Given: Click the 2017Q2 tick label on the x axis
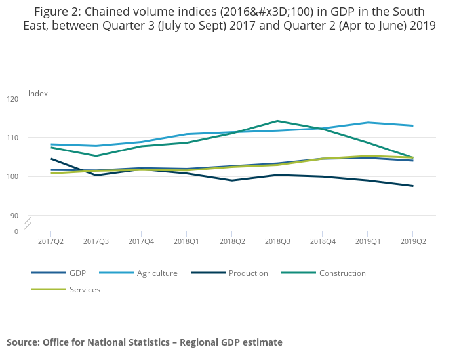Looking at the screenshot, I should point(50,242).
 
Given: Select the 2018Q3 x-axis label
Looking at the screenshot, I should point(277,242).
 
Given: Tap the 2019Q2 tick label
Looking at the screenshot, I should point(412,242).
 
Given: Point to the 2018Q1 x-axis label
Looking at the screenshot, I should point(186,242).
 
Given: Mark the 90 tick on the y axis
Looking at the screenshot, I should point(14,216).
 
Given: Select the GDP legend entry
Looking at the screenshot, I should point(77,273).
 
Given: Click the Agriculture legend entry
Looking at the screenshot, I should point(157,273).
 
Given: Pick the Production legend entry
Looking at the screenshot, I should point(248,273).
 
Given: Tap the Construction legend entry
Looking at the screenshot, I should point(342,273).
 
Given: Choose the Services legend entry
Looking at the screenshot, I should point(85,289).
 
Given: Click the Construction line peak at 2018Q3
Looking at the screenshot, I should point(277,121).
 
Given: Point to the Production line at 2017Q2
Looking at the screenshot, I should point(51,159).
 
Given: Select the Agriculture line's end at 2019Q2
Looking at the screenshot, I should point(412,125).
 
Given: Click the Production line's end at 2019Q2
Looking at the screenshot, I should point(412,186).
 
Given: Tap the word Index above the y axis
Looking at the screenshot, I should point(38,94).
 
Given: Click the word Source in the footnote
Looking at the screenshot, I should point(22,342).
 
